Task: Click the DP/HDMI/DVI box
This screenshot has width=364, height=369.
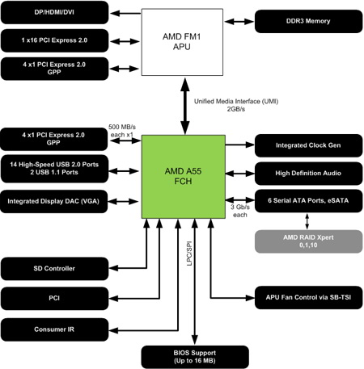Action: (x=55, y=12)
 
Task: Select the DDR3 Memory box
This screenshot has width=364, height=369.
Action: (x=308, y=21)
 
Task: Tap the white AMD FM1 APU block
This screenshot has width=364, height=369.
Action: (x=182, y=42)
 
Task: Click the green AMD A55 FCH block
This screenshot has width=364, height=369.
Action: (x=184, y=177)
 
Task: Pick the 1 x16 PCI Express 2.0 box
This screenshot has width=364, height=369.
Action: (x=55, y=40)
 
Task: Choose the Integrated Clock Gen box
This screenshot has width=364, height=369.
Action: (x=308, y=145)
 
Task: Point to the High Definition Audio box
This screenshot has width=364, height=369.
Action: (x=308, y=174)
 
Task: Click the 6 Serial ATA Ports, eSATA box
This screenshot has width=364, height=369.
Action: (x=308, y=201)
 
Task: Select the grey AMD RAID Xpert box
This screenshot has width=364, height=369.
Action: (x=308, y=241)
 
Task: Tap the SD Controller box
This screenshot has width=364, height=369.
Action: (x=55, y=269)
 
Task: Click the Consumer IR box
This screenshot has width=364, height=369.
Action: (x=55, y=329)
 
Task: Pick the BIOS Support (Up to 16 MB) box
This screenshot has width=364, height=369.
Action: (x=195, y=357)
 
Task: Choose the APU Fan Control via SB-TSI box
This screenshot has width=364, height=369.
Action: (x=308, y=297)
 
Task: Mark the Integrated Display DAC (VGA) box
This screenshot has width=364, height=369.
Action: (x=54, y=201)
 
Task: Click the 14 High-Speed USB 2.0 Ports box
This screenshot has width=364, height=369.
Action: (x=55, y=169)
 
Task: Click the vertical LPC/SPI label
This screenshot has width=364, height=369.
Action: (x=189, y=254)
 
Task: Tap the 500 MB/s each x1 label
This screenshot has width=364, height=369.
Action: (x=122, y=131)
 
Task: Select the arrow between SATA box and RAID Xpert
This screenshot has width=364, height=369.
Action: (x=307, y=221)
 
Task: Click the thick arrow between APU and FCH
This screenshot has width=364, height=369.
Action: (x=185, y=106)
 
